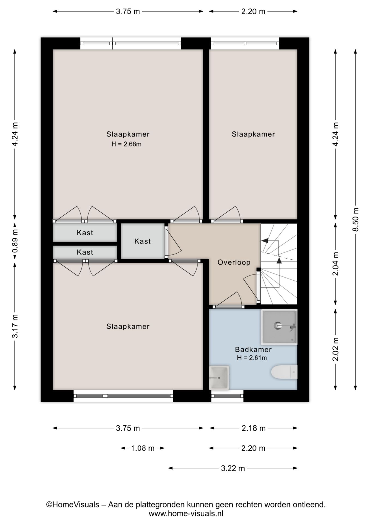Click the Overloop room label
pyautogui.click(x=234, y=262)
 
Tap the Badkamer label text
pyautogui.click(x=253, y=349)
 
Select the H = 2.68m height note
pyautogui.click(x=126, y=144)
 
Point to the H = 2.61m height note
pyautogui.click(x=252, y=358)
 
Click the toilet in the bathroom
pyautogui.click(x=284, y=372)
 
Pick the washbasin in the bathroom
pyautogui.click(x=219, y=378)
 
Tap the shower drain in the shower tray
pyautogui.click(x=278, y=325)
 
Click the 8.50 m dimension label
pyautogui.click(x=355, y=220)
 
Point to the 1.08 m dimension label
pyautogui.click(x=143, y=448)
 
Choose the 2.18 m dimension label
pyautogui.click(x=253, y=428)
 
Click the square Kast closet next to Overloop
pyautogui.click(x=142, y=241)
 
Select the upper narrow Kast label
pyautogui.click(x=85, y=233)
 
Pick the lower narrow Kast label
pyautogui.click(x=85, y=252)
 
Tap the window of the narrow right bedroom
pyautogui.click(x=245, y=44)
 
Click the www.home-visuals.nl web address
pyautogui.click(x=186, y=513)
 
